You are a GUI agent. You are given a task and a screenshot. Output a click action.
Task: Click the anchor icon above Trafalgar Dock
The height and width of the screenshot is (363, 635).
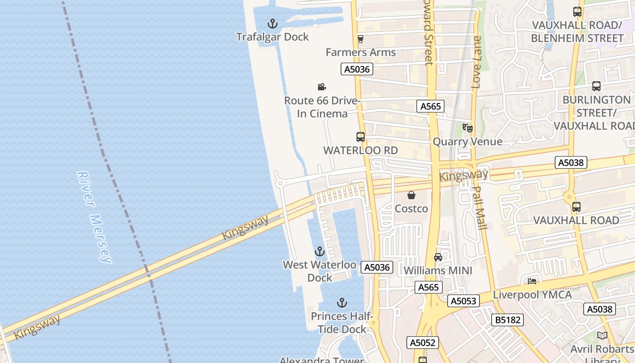(272, 23)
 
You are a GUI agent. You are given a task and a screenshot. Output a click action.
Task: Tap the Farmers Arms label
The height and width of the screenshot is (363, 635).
(361, 52)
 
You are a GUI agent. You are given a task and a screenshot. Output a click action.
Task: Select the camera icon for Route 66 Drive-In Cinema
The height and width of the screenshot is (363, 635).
(322, 87)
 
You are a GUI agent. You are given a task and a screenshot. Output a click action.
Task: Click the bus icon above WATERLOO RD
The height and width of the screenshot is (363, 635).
(361, 137)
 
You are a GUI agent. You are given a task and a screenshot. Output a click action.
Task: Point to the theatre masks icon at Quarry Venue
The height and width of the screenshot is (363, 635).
(468, 128)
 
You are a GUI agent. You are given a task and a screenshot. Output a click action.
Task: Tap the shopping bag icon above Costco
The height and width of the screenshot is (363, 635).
(411, 195)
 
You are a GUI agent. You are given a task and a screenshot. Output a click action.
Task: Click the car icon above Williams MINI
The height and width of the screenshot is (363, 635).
(438, 257)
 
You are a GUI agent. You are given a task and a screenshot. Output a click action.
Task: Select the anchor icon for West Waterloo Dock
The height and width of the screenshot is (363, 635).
(320, 251)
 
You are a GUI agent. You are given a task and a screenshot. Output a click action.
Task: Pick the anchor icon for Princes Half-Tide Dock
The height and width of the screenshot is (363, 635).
(342, 303)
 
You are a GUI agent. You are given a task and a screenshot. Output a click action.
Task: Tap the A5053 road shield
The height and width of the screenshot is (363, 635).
(463, 301)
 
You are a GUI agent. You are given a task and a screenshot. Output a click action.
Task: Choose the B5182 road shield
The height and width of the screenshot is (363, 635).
(508, 320)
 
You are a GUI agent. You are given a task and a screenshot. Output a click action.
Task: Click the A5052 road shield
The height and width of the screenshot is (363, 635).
(422, 343)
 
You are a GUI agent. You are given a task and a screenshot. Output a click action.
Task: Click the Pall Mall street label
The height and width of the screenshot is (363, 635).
(479, 208)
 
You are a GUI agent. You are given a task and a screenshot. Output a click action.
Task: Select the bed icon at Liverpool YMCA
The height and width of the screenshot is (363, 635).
(532, 281)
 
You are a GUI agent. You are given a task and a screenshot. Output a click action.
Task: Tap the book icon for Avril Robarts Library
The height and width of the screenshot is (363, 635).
(602, 336)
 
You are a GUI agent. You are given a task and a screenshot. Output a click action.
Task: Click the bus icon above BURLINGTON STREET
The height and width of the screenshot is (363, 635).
(596, 86)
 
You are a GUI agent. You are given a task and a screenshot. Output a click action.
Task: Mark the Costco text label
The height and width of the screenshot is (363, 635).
(411, 209)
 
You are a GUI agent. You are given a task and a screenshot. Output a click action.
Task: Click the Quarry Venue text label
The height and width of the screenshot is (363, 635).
(467, 142)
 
